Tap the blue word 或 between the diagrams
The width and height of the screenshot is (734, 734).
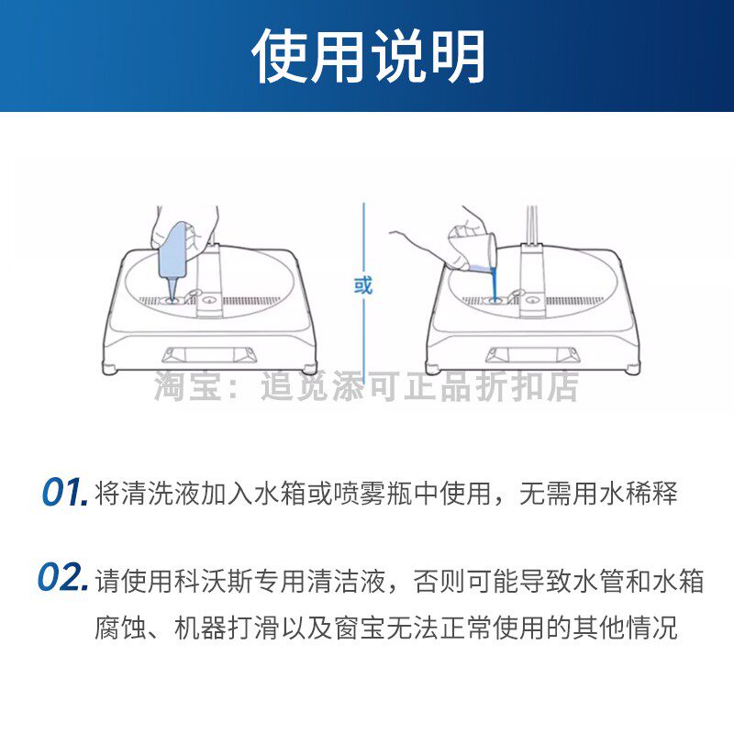(x=363, y=284)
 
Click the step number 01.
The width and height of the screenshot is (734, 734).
(x=64, y=493)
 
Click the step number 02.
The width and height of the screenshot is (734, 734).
(x=64, y=580)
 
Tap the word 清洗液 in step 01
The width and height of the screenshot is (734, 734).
(x=161, y=494)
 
